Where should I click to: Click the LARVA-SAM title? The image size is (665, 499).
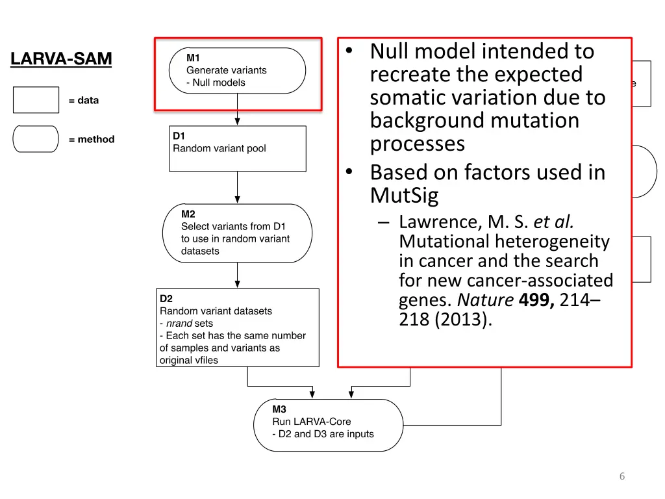pos(61,59)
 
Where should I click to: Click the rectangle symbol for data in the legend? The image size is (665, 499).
pos(36,100)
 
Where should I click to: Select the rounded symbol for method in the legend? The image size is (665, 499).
pos(36,139)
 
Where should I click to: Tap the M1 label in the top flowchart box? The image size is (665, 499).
pos(193,58)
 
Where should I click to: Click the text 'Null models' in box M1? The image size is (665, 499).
pos(219,83)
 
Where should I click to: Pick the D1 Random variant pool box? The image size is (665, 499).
pos(237,148)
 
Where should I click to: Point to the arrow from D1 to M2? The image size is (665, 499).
pos(238,188)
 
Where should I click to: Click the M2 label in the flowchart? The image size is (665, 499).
pos(188,214)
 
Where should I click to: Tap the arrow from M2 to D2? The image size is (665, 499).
pos(238,275)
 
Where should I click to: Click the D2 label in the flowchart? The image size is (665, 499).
pos(166,298)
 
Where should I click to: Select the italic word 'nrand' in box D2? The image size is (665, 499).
pos(179,323)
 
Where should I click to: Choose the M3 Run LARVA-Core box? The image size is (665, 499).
pos(328,425)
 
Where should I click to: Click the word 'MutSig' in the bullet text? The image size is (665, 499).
pos(404,195)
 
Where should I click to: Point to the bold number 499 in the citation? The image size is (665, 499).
pos(534,300)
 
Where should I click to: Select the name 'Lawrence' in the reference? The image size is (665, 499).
pos(439,222)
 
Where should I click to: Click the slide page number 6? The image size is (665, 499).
pos(621,476)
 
